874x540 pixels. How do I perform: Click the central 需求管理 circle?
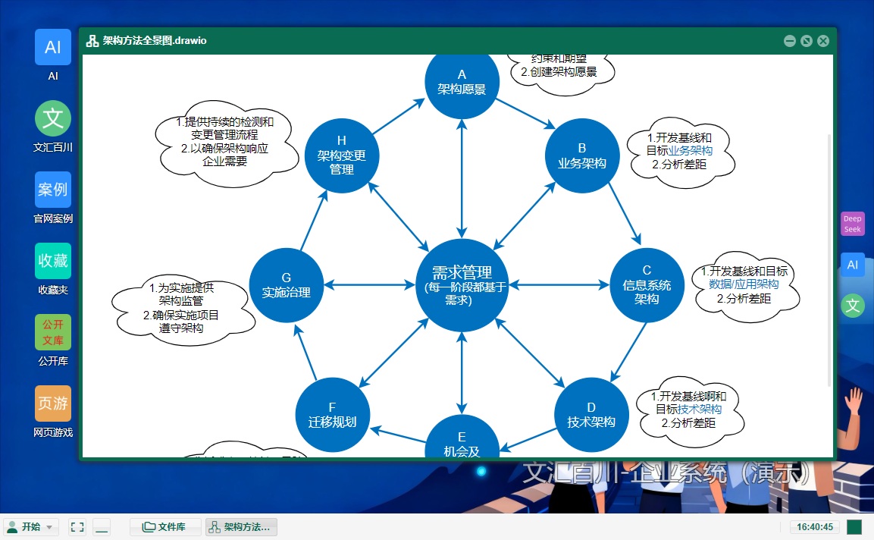461,285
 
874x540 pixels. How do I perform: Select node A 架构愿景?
462,81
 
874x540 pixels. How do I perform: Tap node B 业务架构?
582,155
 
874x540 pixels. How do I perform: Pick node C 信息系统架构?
647,284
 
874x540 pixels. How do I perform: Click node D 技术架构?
591,414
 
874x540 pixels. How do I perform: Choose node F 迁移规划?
332,414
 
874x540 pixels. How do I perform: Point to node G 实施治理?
286,285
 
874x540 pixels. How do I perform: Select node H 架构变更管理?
341,155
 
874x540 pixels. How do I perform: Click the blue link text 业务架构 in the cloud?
690,151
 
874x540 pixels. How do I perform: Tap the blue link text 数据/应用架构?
744,284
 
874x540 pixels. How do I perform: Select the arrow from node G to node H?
314,221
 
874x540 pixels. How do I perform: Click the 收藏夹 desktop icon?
53,262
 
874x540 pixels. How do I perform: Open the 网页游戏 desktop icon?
53,404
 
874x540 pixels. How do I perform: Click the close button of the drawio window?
823,41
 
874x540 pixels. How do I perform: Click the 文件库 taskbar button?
165,527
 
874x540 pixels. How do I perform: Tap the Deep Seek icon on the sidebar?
853,224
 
